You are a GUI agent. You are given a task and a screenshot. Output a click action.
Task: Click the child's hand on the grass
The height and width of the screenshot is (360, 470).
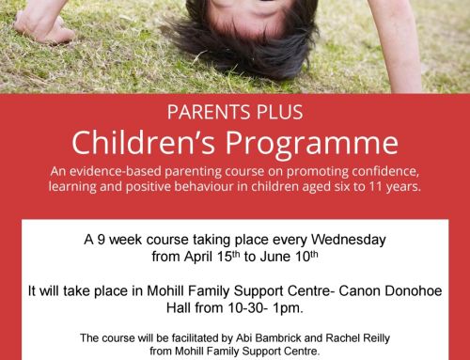(x=42, y=28)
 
